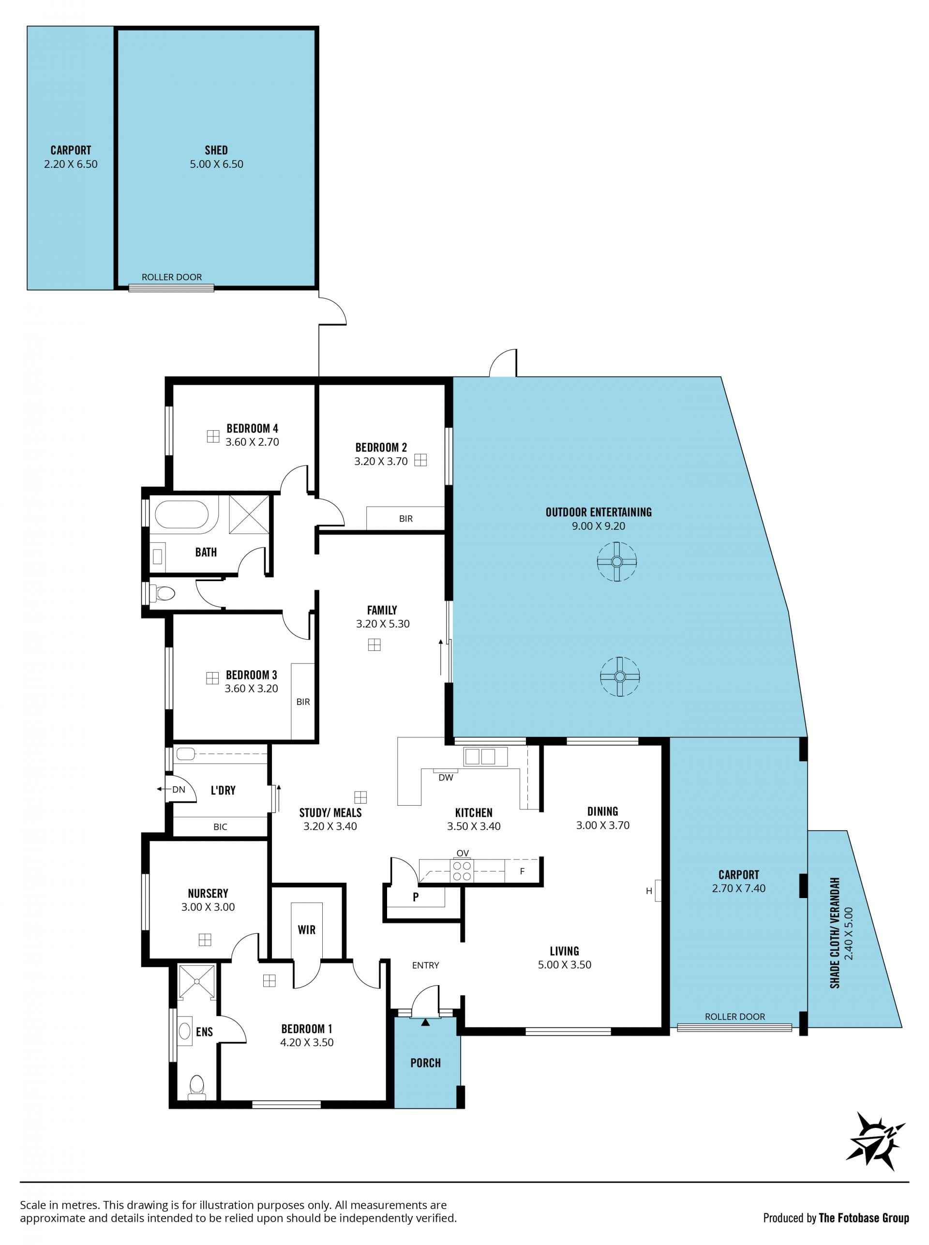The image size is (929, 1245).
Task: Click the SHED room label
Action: [x=216, y=150]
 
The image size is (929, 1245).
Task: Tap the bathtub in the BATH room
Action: [x=181, y=514]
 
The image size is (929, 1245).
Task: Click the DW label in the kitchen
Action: [x=446, y=778]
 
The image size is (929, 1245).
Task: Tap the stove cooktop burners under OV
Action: [x=462, y=871]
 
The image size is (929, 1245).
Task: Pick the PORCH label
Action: [x=426, y=1063]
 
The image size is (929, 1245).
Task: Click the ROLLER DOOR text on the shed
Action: [x=171, y=277]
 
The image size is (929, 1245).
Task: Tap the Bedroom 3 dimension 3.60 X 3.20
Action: [x=252, y=688]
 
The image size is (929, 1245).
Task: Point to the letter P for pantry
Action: [x=416, y=897]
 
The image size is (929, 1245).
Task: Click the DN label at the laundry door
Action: [x=179, y=790]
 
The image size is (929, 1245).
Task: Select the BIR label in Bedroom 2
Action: [x=406, y=519]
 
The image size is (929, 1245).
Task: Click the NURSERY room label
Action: [x=208, y=894]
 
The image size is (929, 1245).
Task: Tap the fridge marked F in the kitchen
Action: [x=522, y=871]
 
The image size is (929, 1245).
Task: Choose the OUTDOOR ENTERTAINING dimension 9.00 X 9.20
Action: [x=599, y=526]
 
